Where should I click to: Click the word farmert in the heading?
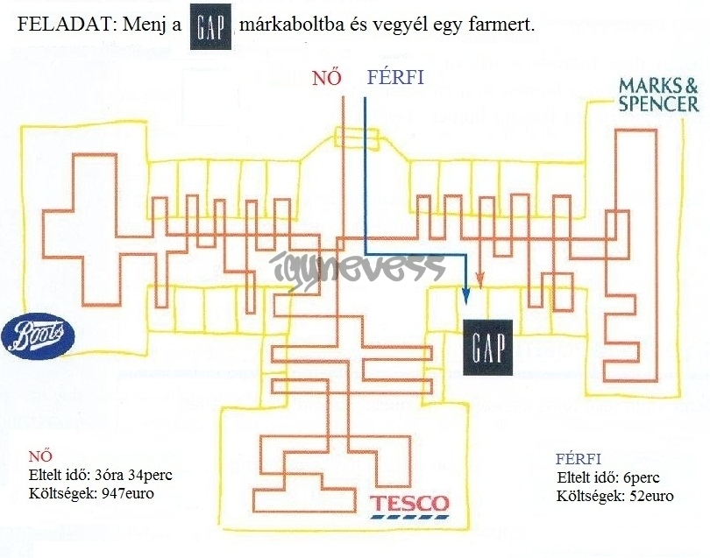click(x=503, y=26)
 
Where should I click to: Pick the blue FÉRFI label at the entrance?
click(x=394, y=78)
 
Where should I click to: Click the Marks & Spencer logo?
click(x=658, y=95)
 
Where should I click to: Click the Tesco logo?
click(x=408, y=505)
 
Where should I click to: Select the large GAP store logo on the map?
click(x=486, y=348)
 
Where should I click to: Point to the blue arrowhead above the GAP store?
click(x=465, y=297)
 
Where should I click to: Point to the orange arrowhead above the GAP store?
click(x=479, y=279)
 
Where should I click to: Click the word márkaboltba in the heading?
click(x=291, y=26)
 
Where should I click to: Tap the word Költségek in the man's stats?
click(x=587, y=496)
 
